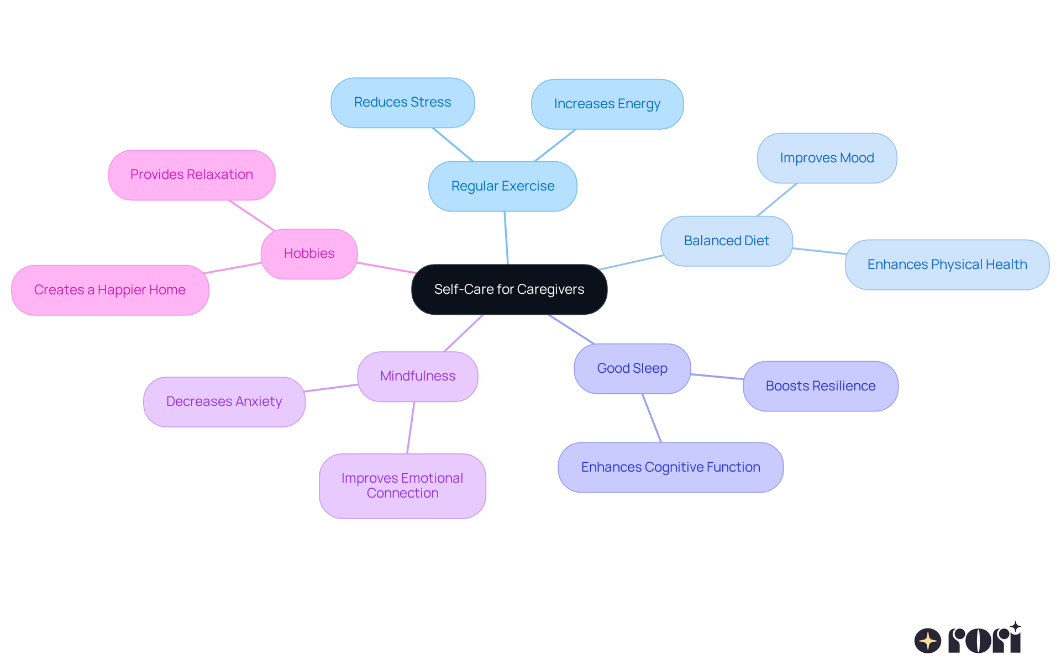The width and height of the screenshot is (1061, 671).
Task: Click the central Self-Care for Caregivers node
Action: (509, 289)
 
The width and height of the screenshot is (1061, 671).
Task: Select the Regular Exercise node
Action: (502, 186)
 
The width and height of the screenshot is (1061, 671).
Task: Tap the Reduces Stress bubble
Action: (402, 103)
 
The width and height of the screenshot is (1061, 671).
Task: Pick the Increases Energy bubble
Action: (607, 104)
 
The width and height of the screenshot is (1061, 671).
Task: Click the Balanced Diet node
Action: (726, 241)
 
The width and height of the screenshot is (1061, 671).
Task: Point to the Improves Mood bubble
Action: (827, 158)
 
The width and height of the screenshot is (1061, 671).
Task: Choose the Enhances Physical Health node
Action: (947, 265)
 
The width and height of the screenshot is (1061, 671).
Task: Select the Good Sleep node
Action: (632, 368)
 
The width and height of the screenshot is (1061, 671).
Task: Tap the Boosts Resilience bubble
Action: (820, 386)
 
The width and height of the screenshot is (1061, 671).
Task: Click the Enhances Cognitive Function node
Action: (670, 467)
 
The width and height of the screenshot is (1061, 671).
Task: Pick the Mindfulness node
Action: (418, 376)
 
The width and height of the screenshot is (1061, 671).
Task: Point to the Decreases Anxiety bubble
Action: (224, 401)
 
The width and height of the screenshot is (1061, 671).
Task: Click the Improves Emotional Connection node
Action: (402, 486)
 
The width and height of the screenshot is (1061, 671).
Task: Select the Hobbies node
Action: (309, 253)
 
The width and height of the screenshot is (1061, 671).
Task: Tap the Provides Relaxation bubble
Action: (191, 175)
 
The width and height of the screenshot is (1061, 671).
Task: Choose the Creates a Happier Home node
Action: (110, 290)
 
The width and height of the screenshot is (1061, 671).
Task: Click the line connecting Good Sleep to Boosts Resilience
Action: (717, 377)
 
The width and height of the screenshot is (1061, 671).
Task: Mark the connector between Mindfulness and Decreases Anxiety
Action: (331, 388)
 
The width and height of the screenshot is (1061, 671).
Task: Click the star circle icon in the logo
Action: (927, 641)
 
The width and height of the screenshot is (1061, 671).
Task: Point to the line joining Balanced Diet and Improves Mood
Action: (776, 200)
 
